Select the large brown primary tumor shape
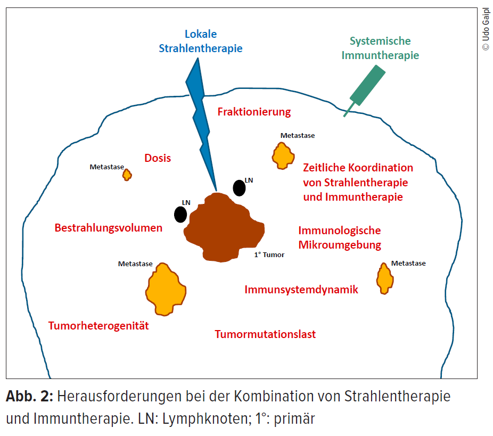[x=224, y=228]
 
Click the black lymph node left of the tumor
[x=180, y=215]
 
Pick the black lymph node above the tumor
[x=239, y=188]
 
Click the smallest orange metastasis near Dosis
[x=127, y=175]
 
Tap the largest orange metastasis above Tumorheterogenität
[x=166, y=289]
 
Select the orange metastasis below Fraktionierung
[x=283, y=156]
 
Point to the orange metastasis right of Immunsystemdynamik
[x=385, y=278]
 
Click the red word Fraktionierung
[x=254, y=112]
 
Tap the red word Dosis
[x=158, y=158]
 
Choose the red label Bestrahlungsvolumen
[x=109, y=228]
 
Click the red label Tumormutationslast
[x=265, y=334]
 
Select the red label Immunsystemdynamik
[x=301, y=290]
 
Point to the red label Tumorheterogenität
[x=98, y=326]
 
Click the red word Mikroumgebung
[x=340, y=245]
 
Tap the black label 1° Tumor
[x=269, y=254]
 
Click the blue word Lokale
[x=201, y=34]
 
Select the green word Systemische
[x=380, y=41]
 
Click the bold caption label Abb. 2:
[x=30, y=396]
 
